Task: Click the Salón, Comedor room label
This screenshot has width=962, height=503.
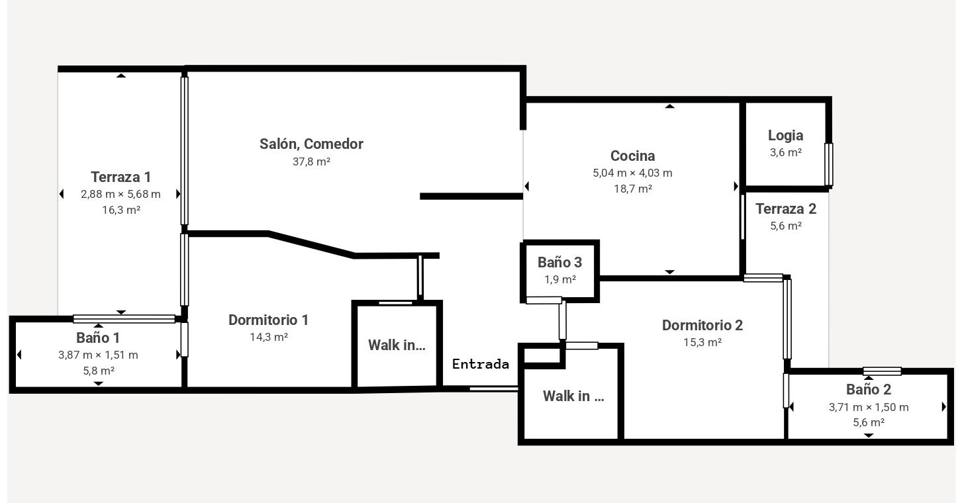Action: [311, 144]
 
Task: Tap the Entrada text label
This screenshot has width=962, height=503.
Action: [481, 365]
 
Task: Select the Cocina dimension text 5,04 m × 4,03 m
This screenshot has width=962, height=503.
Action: [632, 173]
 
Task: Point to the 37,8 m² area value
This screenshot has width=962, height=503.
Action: [311, 161]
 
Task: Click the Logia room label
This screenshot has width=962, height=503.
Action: [785, 136]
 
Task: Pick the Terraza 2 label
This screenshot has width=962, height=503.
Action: [786, 209]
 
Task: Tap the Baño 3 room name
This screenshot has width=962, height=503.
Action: [559, 262]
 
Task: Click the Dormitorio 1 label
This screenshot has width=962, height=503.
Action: [268, 320]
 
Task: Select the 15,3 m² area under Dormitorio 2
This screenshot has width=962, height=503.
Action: [702, 342]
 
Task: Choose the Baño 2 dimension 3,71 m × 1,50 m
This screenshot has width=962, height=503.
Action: [869, 407]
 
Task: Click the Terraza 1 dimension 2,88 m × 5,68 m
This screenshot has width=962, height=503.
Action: [120, 195]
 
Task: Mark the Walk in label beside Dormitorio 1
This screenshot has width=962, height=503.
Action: [397, 345]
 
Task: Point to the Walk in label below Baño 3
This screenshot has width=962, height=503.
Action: [573, 396]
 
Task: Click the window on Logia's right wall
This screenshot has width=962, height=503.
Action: [829, 165]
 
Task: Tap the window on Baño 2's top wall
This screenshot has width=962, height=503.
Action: [882, 371]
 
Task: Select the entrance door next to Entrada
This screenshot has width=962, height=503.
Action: [494, 389]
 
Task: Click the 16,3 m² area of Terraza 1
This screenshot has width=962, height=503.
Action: [121, 210]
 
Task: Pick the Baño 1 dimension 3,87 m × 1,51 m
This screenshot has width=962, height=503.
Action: [99, 355]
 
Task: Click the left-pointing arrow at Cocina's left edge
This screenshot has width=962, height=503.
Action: [527, 186]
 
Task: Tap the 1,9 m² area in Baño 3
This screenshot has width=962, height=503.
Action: [560, 280]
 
